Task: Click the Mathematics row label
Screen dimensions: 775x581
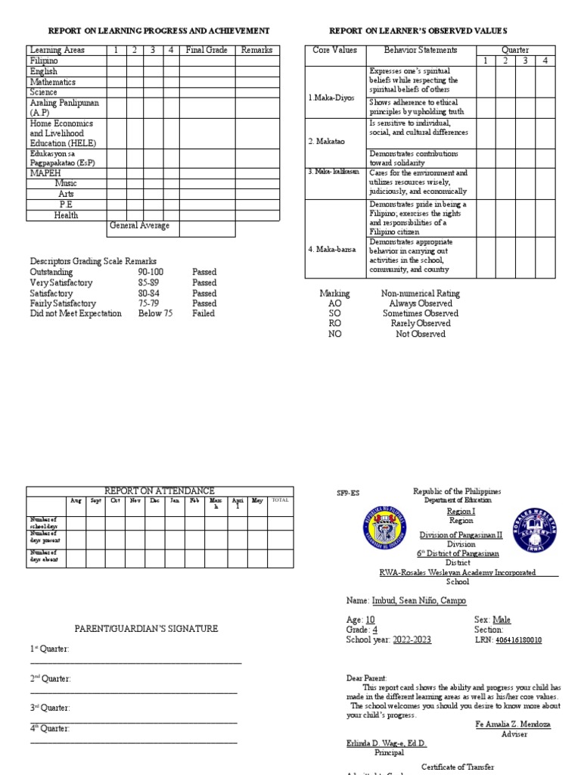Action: (x=53, y=82)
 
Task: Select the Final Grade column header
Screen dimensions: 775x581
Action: (x=207, y=50)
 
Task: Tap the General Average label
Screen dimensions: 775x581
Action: (x=139, y=226)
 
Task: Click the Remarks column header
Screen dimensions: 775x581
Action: (x=256, y=50)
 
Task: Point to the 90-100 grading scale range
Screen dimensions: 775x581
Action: (x=151, y=272)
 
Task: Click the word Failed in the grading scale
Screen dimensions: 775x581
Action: (x=204, y=313)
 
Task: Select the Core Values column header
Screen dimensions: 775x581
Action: (x=334, y=50)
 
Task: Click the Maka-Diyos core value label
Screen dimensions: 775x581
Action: (x=331, y=98)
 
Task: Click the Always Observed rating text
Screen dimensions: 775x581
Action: (x=421, y=303)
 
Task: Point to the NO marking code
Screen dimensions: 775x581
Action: (x=335, y=334)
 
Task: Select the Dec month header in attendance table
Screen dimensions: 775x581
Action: (x=155, y=500)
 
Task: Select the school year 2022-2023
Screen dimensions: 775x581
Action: (x=412, y=640)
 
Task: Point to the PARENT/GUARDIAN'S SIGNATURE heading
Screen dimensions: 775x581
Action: (x=146, y=628)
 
